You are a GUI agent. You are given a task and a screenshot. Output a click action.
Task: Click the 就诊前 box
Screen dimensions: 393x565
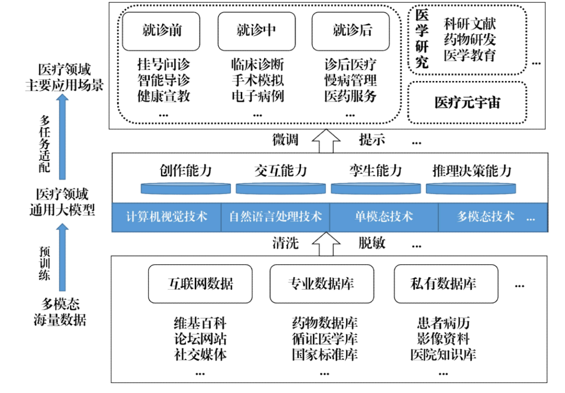(162, 31)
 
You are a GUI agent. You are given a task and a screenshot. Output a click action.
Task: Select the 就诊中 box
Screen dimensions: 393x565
(256, 31)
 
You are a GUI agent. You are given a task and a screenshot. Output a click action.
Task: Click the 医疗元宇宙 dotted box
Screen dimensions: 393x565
(467, 102)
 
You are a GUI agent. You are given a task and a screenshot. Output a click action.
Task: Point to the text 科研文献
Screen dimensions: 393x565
(469, 24)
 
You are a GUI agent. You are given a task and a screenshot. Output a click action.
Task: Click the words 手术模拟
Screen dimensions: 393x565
(257, 80)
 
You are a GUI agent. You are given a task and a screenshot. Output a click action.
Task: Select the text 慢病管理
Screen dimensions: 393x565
(350, 80)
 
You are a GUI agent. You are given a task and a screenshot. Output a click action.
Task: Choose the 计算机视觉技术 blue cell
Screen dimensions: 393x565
(167, 216)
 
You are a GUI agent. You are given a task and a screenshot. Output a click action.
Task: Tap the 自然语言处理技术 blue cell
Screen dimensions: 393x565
(275, 216)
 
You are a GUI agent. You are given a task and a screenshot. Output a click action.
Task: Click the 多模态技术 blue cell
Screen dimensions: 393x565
(485, 216)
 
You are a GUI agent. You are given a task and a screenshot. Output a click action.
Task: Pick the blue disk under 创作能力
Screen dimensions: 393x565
(186, 189)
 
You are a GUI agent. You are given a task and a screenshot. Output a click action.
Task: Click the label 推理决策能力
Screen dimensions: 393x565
(471, 171)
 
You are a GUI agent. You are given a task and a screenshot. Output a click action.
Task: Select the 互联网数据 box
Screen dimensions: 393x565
(200, 284)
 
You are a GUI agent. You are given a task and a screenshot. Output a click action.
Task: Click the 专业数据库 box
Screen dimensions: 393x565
(321, 284)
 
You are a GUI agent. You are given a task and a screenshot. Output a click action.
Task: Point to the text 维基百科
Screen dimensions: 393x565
(200, 323)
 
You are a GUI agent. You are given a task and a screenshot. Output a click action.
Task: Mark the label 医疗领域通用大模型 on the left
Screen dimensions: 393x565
(62, 203)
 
